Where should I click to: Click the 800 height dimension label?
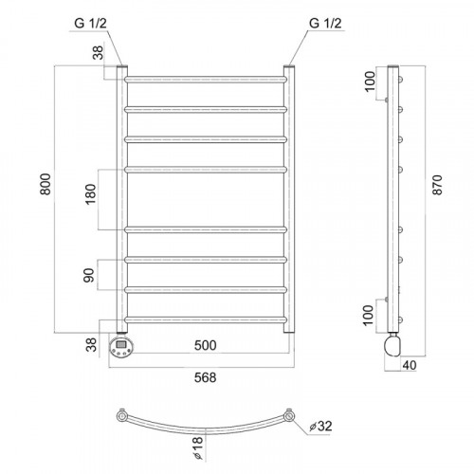[46, 184]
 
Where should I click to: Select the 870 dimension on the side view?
[438, 185]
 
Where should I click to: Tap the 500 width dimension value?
[206, 345]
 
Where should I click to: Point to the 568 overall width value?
[206, 377]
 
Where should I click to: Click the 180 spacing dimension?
[91, 194]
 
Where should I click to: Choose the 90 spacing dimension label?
[89, 275]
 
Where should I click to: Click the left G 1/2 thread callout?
[91, 23]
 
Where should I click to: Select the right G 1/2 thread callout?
[325, 23]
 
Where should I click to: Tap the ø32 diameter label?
[320, 427]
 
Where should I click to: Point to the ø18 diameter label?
[197, 447]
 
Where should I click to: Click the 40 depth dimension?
[410, 365]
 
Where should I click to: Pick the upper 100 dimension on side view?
[370, 82]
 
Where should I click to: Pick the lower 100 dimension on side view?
[368, 315]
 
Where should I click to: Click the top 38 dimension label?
[99, 53]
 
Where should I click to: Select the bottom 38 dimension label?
[91, 345]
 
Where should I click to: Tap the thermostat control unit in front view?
[121, 347]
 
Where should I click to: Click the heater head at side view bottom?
[392, 346]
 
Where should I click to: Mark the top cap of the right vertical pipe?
[289, 66]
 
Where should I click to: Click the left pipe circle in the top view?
[122, 415]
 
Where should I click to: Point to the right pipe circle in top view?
[288, 416]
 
